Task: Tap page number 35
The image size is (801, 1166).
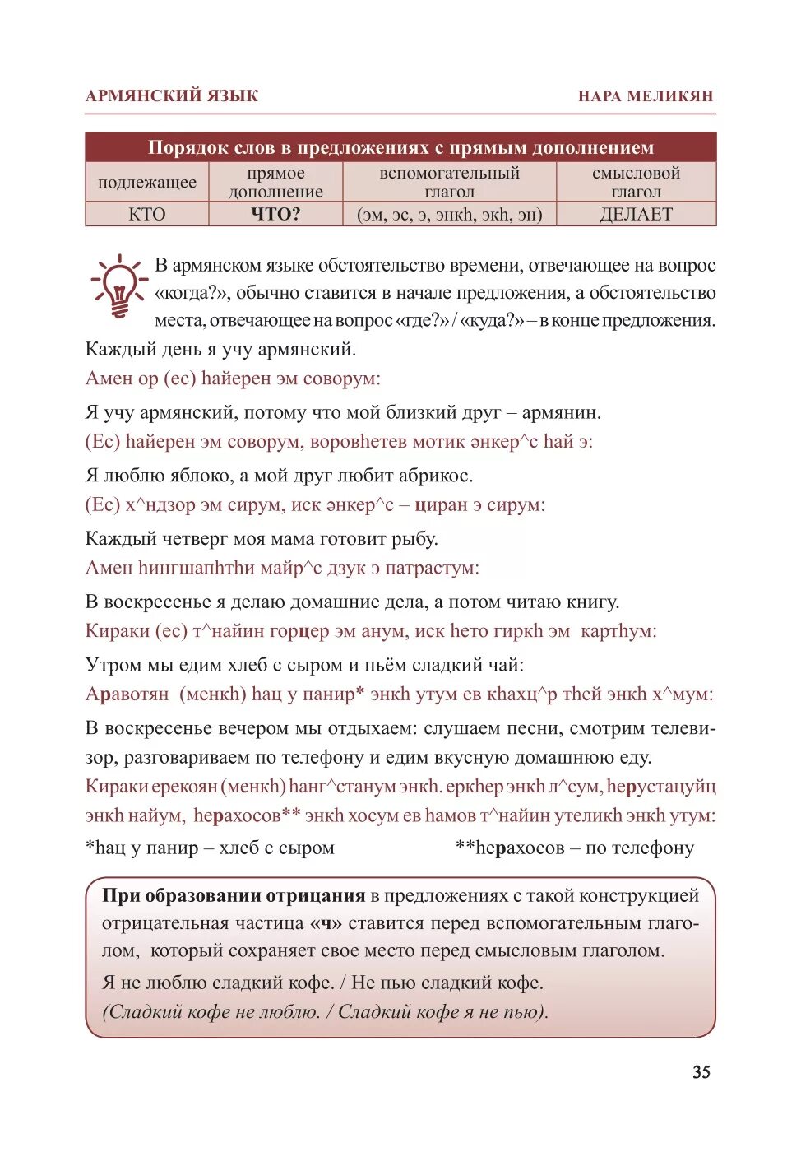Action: pos(701,1071)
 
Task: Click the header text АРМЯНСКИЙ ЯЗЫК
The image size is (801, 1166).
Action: pos(172,95)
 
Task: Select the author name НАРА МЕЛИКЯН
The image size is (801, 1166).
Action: pos(646,95)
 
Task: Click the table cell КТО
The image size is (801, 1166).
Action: pos(147,215)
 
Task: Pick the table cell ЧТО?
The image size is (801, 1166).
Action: pos(275,215)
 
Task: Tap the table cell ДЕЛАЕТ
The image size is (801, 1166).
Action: pos(636,215)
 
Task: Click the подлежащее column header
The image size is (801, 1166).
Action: pos(147,183)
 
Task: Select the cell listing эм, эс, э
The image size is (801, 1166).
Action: pos(449,215)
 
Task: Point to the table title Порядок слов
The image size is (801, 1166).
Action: pos(400,148)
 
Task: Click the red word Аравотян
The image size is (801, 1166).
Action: pos(127,694)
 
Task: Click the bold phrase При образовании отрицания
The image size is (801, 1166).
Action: pos(234,896)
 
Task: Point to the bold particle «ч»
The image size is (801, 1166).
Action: pos(326,923)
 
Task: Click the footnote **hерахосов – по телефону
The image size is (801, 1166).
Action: pos(575,848)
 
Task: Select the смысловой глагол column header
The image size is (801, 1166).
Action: pos(636,183)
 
